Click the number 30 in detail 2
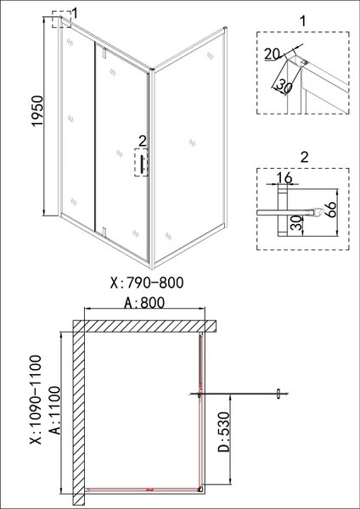click(x=295, y=223)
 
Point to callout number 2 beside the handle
click(x=142, y=140)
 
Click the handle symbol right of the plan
click(x=278, y=394)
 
